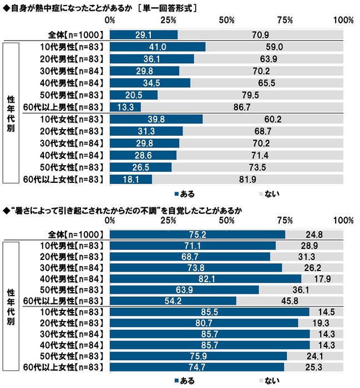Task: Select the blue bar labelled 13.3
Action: (125, 107)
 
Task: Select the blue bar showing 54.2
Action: (173, 300)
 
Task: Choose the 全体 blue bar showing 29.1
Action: (144, 34)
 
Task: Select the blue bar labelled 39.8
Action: (156, 119)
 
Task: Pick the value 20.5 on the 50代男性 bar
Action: (134, 95)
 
